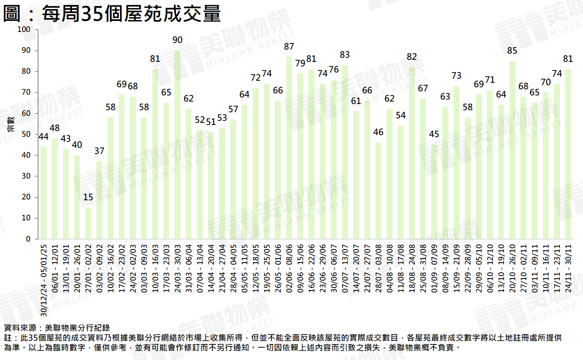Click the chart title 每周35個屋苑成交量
pos(112,14)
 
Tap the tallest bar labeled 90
pos(177,143)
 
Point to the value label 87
pos(289,47)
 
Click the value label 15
pos(88,197)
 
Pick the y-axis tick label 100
pos(24,29)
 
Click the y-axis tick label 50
pos(26,134)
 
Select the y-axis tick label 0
pos(28,239)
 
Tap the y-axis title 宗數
pos(11,124)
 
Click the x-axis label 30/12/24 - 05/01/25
pos(44,281)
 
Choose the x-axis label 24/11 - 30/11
pos(568,269)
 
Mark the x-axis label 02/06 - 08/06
pos(289,269)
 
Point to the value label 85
pos(512,51)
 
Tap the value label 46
pos(378,132)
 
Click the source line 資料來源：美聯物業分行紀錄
pos(57,328)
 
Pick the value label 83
pos(345,55)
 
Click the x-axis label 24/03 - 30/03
pos(177,269)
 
